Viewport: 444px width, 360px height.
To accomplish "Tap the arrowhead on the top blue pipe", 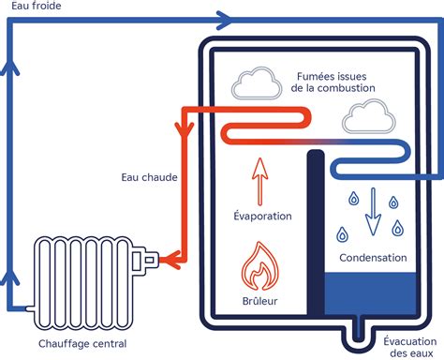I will tap(223, 18).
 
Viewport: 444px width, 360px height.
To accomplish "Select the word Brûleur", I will tap(261, 303).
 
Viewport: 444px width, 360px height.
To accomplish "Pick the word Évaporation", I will tap(262, 216).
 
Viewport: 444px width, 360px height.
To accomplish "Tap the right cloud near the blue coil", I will tap(366, 117).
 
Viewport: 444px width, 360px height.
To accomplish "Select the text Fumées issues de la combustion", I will tap(334, 81).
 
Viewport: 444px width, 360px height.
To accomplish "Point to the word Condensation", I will tap(373, 257).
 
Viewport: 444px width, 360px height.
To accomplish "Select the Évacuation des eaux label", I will tap(408, 348).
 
